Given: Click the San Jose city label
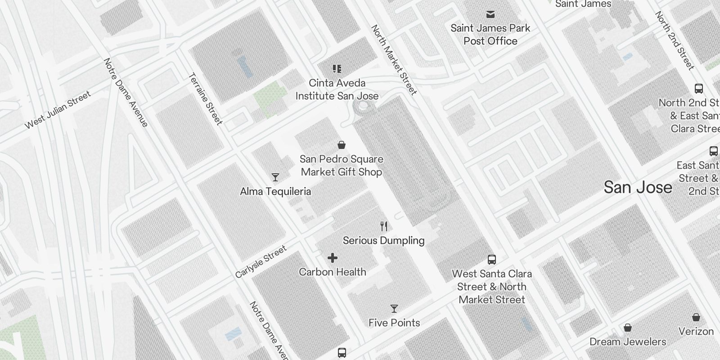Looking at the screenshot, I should tap(638, 187).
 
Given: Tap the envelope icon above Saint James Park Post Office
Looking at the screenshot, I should tap(490, 14).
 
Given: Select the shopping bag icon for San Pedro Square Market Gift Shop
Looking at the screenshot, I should tap(342, 145).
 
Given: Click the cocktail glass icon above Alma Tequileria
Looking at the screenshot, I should tap(275, 177).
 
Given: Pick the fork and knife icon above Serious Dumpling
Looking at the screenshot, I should tap(384, 226).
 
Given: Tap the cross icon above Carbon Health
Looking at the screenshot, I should tap(333, 258).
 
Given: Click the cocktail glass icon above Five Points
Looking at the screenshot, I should tap(394, 309).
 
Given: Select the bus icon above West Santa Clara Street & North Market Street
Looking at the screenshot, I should tap(492, 260).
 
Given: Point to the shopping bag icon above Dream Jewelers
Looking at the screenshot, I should tap(628, 328).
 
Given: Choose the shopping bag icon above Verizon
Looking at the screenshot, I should tap(696, 317).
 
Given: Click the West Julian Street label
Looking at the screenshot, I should tap(58, 109).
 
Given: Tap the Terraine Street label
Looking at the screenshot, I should tap(206, 99).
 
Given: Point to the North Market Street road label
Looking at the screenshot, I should tap(394, 59).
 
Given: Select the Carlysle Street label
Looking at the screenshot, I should tap(261, 262).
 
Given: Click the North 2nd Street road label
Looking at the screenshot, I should tap(675, 40).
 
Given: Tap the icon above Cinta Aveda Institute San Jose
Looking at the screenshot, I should tap(337, 69).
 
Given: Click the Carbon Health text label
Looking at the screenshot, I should tap(333, 272).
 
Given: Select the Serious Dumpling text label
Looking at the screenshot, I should tap(383, 240).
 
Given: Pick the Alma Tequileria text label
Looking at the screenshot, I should tap(275, 191).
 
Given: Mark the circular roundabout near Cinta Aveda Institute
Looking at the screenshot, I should tap(363, 106).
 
